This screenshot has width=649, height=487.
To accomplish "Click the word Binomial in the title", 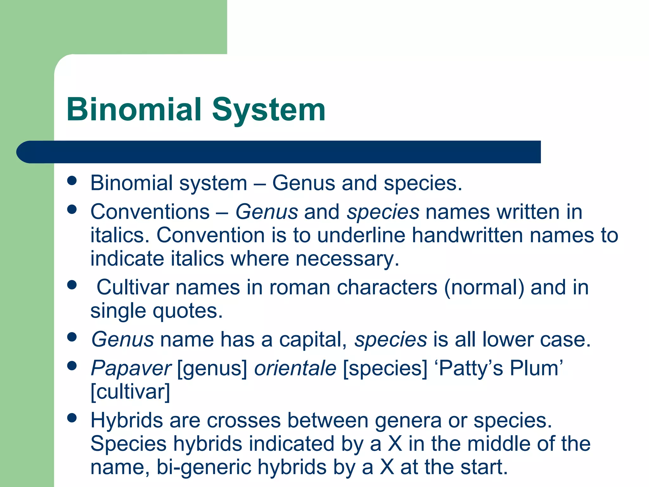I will tap(134, 110).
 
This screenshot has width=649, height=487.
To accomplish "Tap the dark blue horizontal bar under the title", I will tap(279, 152).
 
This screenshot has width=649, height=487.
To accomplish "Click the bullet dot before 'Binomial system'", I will tap(72, 181).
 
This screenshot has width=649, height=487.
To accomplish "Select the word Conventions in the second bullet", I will tap(150, 212).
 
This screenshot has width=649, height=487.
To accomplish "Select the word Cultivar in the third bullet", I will tap(132, 287).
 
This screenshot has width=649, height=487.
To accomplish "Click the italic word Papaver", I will tap(131, 368).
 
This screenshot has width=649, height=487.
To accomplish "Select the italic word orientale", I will tap(295, 368).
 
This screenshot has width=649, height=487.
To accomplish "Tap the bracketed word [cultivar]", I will tap(130, 392).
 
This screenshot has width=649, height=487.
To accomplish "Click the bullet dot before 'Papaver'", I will tap(72, 366).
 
